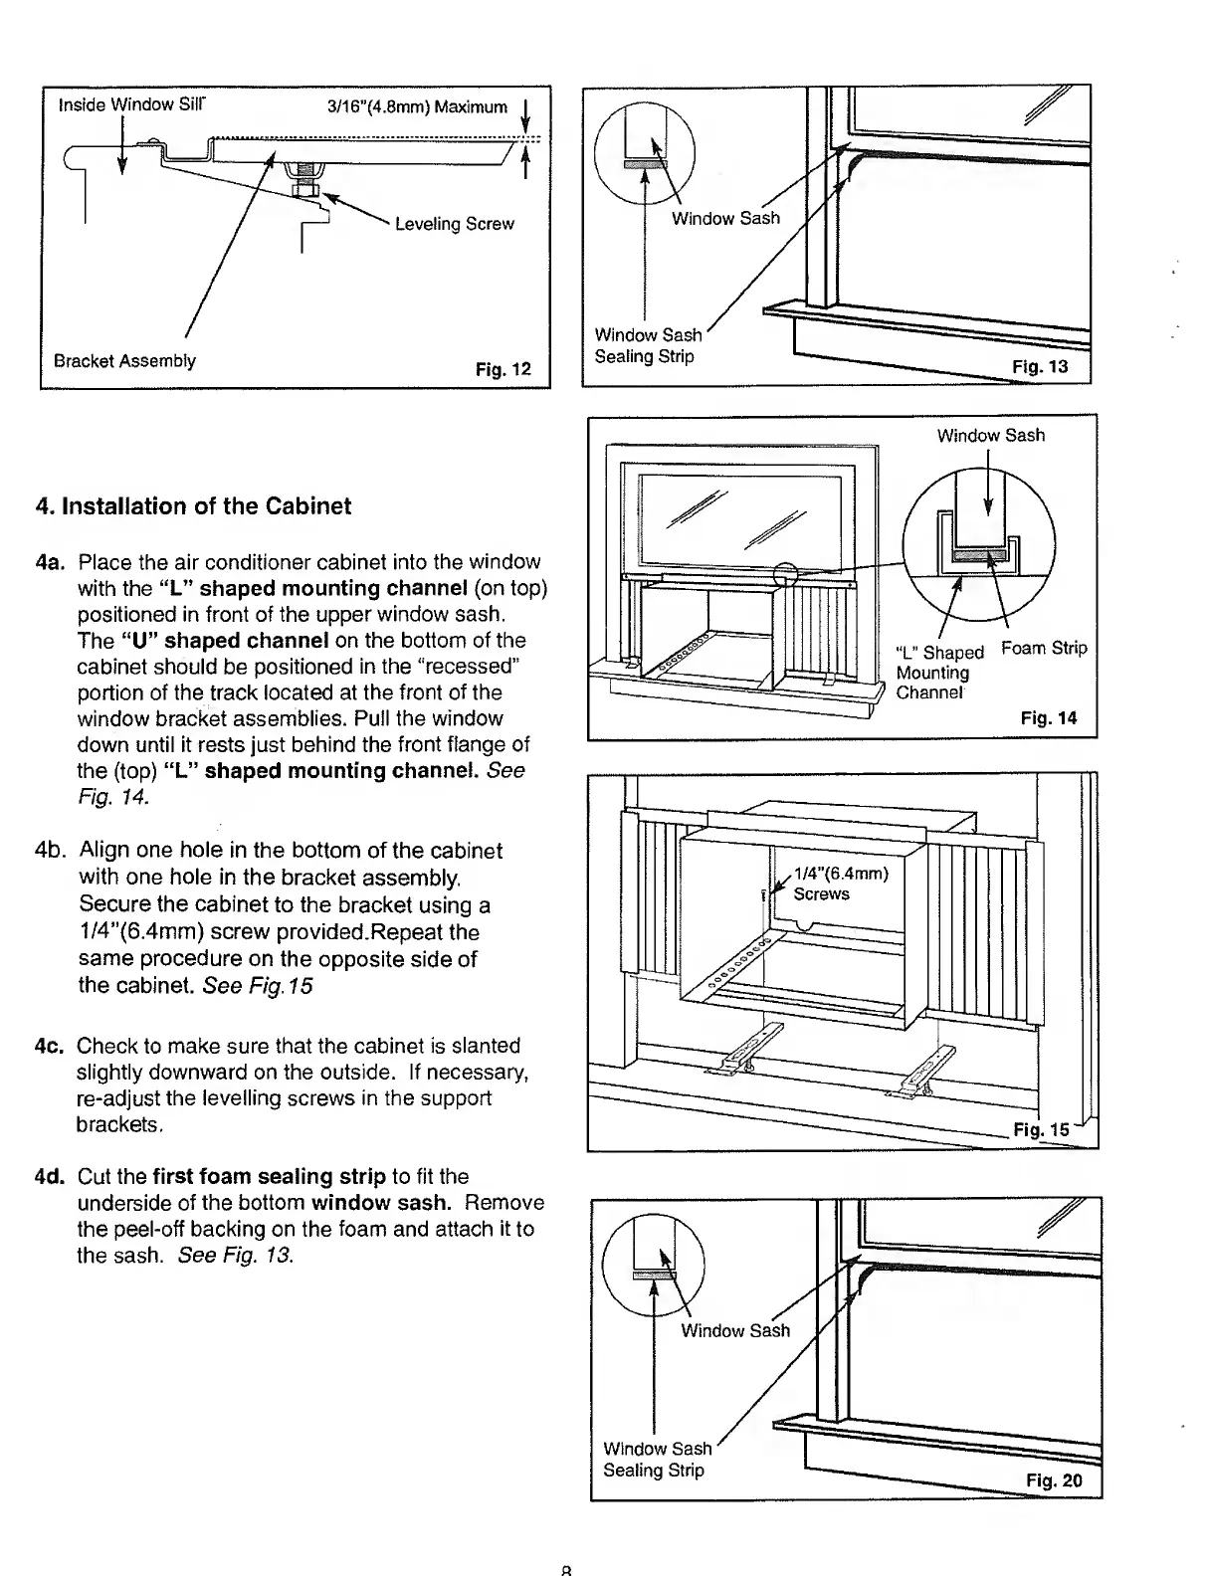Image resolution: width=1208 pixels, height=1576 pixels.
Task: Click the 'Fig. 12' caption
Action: click(503, 370)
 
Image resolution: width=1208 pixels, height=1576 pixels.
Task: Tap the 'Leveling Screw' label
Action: click(454, 224)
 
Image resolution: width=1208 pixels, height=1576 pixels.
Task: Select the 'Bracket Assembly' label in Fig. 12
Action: click(124, 360)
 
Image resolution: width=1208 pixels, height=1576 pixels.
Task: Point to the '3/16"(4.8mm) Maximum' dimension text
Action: click(416, 106)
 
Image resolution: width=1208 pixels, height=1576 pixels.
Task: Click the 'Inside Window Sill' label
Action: click(132, 104)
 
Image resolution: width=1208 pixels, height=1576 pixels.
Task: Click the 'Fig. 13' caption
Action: click(1039, 366)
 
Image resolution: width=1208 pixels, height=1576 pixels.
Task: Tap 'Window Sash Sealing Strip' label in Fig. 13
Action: click(648, 345)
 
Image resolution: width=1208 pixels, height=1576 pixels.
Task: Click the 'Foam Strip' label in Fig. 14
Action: click(1044, 649)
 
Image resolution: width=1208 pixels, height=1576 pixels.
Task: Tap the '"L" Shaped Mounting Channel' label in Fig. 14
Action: click(938, 672)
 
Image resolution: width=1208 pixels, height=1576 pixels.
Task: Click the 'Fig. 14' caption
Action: click(1048, 717)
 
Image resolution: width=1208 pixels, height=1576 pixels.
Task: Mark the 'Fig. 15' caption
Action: click(1040, 1129)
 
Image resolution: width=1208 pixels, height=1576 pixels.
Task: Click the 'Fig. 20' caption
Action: click(1053, 1479)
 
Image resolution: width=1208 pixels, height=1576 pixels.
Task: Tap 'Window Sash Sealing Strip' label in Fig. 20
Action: click(657, 1459)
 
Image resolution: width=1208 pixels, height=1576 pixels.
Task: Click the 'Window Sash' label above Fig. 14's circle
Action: click(990, 435)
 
